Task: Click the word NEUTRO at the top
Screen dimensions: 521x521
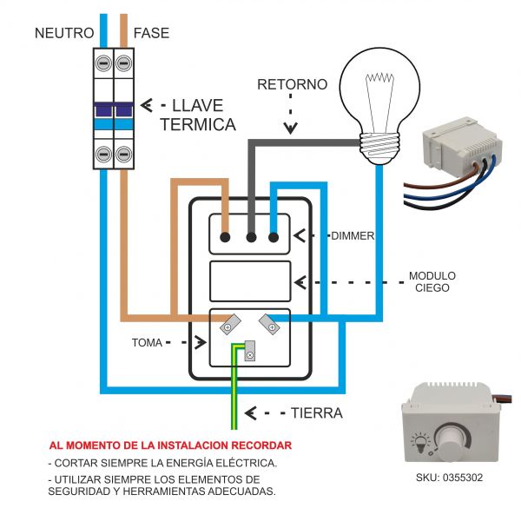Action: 63,33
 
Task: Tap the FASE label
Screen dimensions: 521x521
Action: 150,33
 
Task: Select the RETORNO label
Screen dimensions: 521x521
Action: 292,85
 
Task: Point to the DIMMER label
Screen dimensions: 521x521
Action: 352,235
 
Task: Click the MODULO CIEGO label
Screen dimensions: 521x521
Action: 432,282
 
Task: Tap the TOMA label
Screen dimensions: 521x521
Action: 147,342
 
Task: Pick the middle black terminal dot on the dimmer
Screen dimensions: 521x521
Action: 251,235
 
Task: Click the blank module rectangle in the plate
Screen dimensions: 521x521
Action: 250,281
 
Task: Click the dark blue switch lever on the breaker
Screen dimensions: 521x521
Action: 114,109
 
